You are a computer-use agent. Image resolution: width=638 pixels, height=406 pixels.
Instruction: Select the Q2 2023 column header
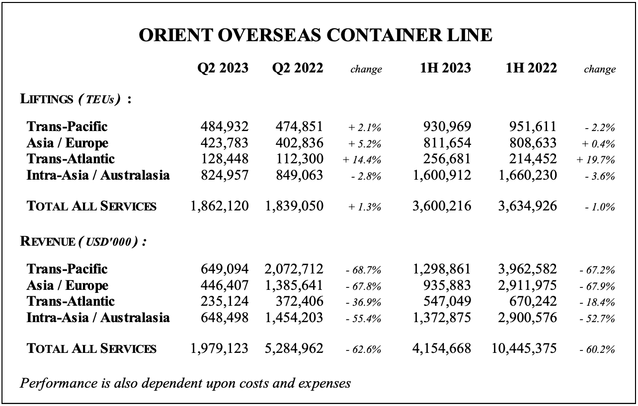[x=223, y=68]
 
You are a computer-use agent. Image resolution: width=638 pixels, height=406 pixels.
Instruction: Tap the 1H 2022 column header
[x=531, y=68]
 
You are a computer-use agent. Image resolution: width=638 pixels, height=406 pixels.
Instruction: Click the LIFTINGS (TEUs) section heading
[x=76, y=99]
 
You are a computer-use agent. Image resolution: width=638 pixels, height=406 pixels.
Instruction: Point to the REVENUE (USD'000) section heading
[x=83, y=242]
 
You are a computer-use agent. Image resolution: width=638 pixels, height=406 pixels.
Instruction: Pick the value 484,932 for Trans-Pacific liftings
[x=225, y=127]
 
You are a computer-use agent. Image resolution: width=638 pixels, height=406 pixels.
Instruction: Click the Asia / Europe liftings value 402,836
[x=299, y=143]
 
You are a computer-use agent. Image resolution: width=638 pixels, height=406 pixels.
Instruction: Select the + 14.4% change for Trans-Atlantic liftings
[x=362, y=160]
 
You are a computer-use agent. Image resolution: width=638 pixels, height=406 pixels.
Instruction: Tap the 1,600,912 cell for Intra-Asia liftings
[x=442, y=175]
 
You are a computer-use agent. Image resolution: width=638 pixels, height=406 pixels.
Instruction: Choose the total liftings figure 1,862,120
[x=219, y=206]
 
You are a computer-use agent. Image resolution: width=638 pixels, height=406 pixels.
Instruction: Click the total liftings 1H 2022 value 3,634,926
[x=528, y=206]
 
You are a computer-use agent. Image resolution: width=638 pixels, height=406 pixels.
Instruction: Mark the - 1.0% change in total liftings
[x=600, y=207]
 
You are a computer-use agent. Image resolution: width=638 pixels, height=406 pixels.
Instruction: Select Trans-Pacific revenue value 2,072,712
[x=294, y=269]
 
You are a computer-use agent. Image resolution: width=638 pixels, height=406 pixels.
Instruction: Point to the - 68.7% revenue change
[x=363, y=270]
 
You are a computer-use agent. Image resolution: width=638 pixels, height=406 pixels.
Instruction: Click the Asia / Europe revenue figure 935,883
[x=447, y=285]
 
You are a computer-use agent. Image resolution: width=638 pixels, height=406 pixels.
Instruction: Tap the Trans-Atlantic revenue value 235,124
[x=225, y=301]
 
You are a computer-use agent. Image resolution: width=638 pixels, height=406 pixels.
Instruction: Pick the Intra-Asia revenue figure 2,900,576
[x=528, y=318]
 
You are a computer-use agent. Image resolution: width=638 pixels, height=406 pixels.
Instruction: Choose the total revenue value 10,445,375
[x=524, y=348]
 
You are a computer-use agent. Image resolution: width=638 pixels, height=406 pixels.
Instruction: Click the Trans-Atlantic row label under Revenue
[x=71, y=301]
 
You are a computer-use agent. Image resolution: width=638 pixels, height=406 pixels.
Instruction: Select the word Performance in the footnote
[x=59, y=383]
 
